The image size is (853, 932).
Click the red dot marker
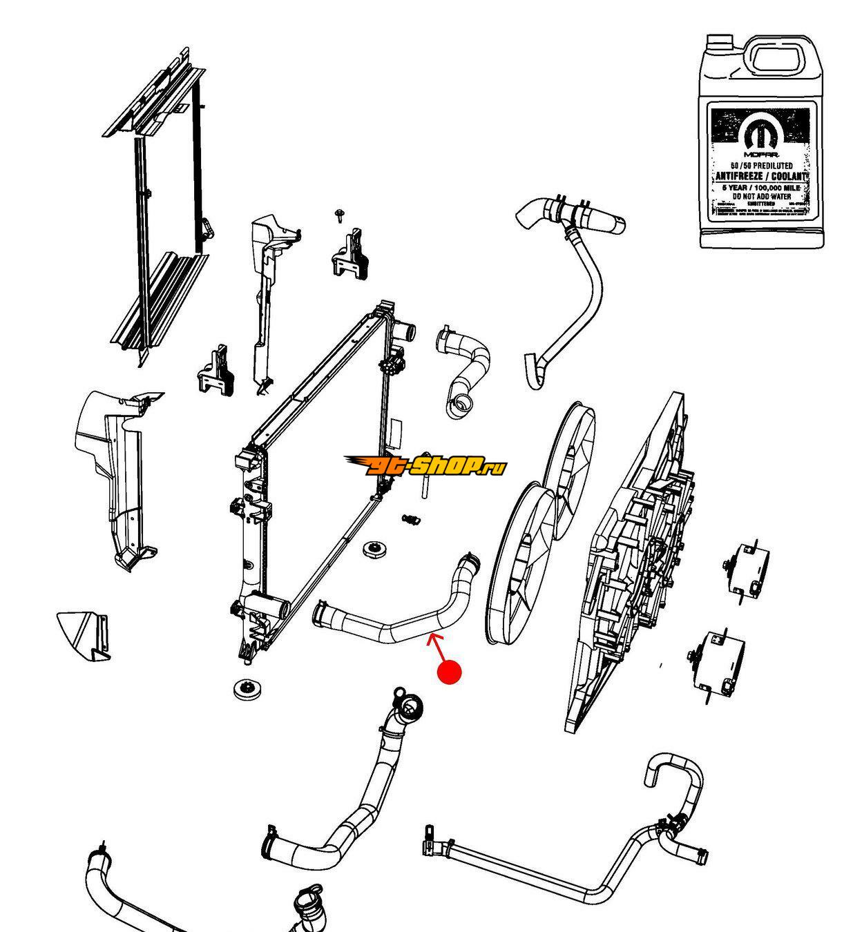click(450, 672)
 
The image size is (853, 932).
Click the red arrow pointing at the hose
click(437, 646)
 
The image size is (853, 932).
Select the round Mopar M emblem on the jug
click(762, 133)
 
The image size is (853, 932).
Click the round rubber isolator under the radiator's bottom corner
click(245, 688)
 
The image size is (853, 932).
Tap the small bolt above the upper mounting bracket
click(339, 214)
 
